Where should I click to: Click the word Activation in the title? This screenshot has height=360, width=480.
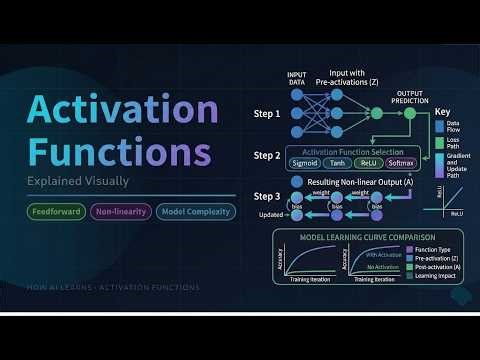point(120,111)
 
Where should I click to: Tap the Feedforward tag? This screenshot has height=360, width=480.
point(54,211)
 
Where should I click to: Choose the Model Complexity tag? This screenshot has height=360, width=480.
point(195,211)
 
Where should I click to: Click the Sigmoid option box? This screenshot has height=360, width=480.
point(304,162)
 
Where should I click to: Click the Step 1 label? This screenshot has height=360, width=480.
point(265,113)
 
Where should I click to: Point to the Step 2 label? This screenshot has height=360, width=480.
point(265,156)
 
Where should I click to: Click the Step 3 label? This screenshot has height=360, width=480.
point(265,195)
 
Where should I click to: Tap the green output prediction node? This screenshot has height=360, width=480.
point(409,114)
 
